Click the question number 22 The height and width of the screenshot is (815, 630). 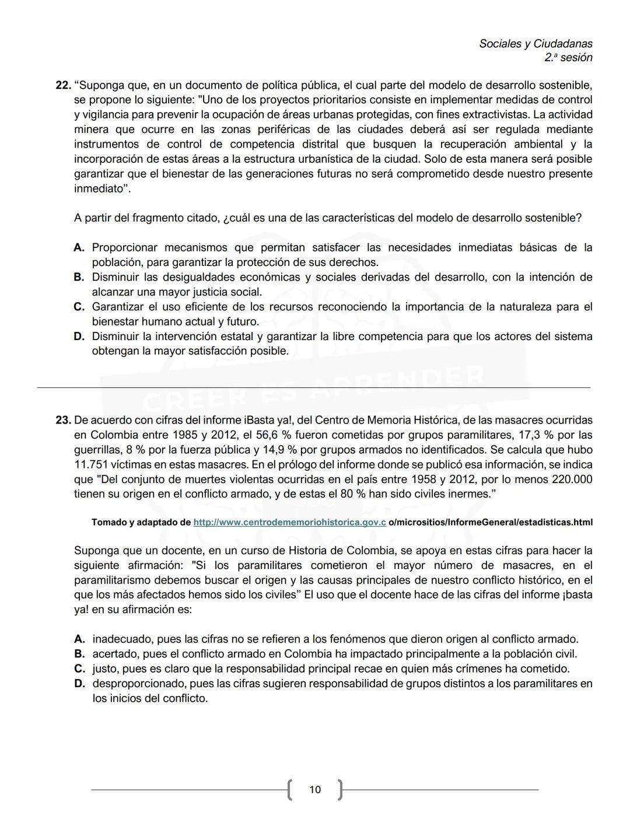pyautogui.click(x=62, y=85)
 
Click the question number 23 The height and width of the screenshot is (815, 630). pyautogui.click(x=63, y=420)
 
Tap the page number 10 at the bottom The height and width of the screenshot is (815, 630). pyautogui.click(x=315, y=789)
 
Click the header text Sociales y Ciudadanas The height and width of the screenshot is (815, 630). pyautogui.click(x=535, y=44)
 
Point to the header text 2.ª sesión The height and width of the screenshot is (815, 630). pyautogui.click(x=568, y=58)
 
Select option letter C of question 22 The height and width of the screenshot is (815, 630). pyautogui.click(x=79, y=307)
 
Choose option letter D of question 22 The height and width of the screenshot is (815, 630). pyautogui.click(x=79, y=337)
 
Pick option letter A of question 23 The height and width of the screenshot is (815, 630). pyautogui.click(x=80, y=639)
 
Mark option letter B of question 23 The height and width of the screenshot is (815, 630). pyautogui.click(x=80, y=654)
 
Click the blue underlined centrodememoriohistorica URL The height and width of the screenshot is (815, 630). pyautogui.click(x=289, y=522)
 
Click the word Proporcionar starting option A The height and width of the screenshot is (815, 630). pyautogui.click(x=125, y=248)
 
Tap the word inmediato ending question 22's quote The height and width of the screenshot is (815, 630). pyautogui.click(x=99, y=189)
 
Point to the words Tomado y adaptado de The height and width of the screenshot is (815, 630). pyautogui.click(x=141, y=522)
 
